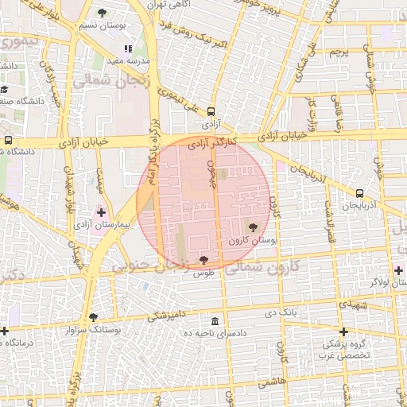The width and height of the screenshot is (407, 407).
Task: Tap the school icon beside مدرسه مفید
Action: [x=128, y=49]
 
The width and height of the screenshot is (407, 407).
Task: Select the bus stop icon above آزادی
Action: [x=211, y=112]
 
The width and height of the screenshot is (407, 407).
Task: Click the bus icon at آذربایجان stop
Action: [x=360, y=193]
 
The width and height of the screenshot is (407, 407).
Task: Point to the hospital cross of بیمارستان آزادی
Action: [x=101, y=212]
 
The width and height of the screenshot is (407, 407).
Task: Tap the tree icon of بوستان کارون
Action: [x=254, y=226]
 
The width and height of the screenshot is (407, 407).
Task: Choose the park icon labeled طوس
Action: [x=204, y=259]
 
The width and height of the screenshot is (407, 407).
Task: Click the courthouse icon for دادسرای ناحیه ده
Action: [x=215, y=321]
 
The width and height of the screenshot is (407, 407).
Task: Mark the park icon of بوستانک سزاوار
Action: [x=93, y=316]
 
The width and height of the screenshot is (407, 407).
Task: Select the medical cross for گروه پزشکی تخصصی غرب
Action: [x=343, y=331]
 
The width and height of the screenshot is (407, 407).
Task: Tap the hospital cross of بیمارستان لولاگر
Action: [x=398, y=270]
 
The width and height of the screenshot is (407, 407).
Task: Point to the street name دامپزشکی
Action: [x=167, y=315]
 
